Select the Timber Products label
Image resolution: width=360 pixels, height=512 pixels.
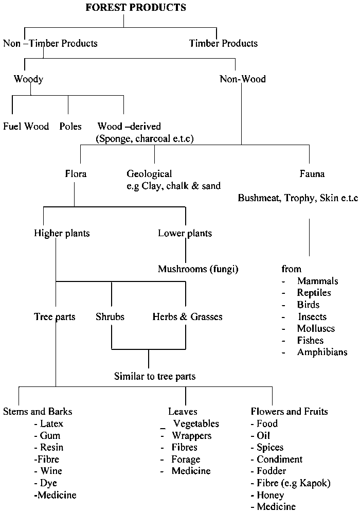click(x=223, y=44)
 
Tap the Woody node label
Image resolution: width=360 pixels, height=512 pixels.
click(x=28, y=79)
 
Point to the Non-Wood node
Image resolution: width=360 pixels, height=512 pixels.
click(x=243, y=79)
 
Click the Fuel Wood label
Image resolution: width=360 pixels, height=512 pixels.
click(x=26, y=127)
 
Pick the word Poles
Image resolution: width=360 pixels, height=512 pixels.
click(x=70, y=127)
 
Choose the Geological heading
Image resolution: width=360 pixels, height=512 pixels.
click(x=149, y=174)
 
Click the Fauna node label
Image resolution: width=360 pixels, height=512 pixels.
click(x=312, y=174)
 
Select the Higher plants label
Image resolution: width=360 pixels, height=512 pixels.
click(x=62, y=234)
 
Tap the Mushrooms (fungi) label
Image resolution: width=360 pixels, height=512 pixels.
click(x=198, y=269)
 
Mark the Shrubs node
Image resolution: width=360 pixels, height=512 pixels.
click(x=110, y=317)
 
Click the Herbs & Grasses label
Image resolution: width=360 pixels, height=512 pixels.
click(x=187, y=317)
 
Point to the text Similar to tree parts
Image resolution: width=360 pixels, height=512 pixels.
click(x=154, y=377)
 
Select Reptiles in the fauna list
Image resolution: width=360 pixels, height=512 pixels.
click(x=314, y=293)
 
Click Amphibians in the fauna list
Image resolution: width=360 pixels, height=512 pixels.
click(x=322, y=352)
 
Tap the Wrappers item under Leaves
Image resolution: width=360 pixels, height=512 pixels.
click(x=191, y=436)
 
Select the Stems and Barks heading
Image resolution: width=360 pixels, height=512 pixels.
click(x=38, y=412)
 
